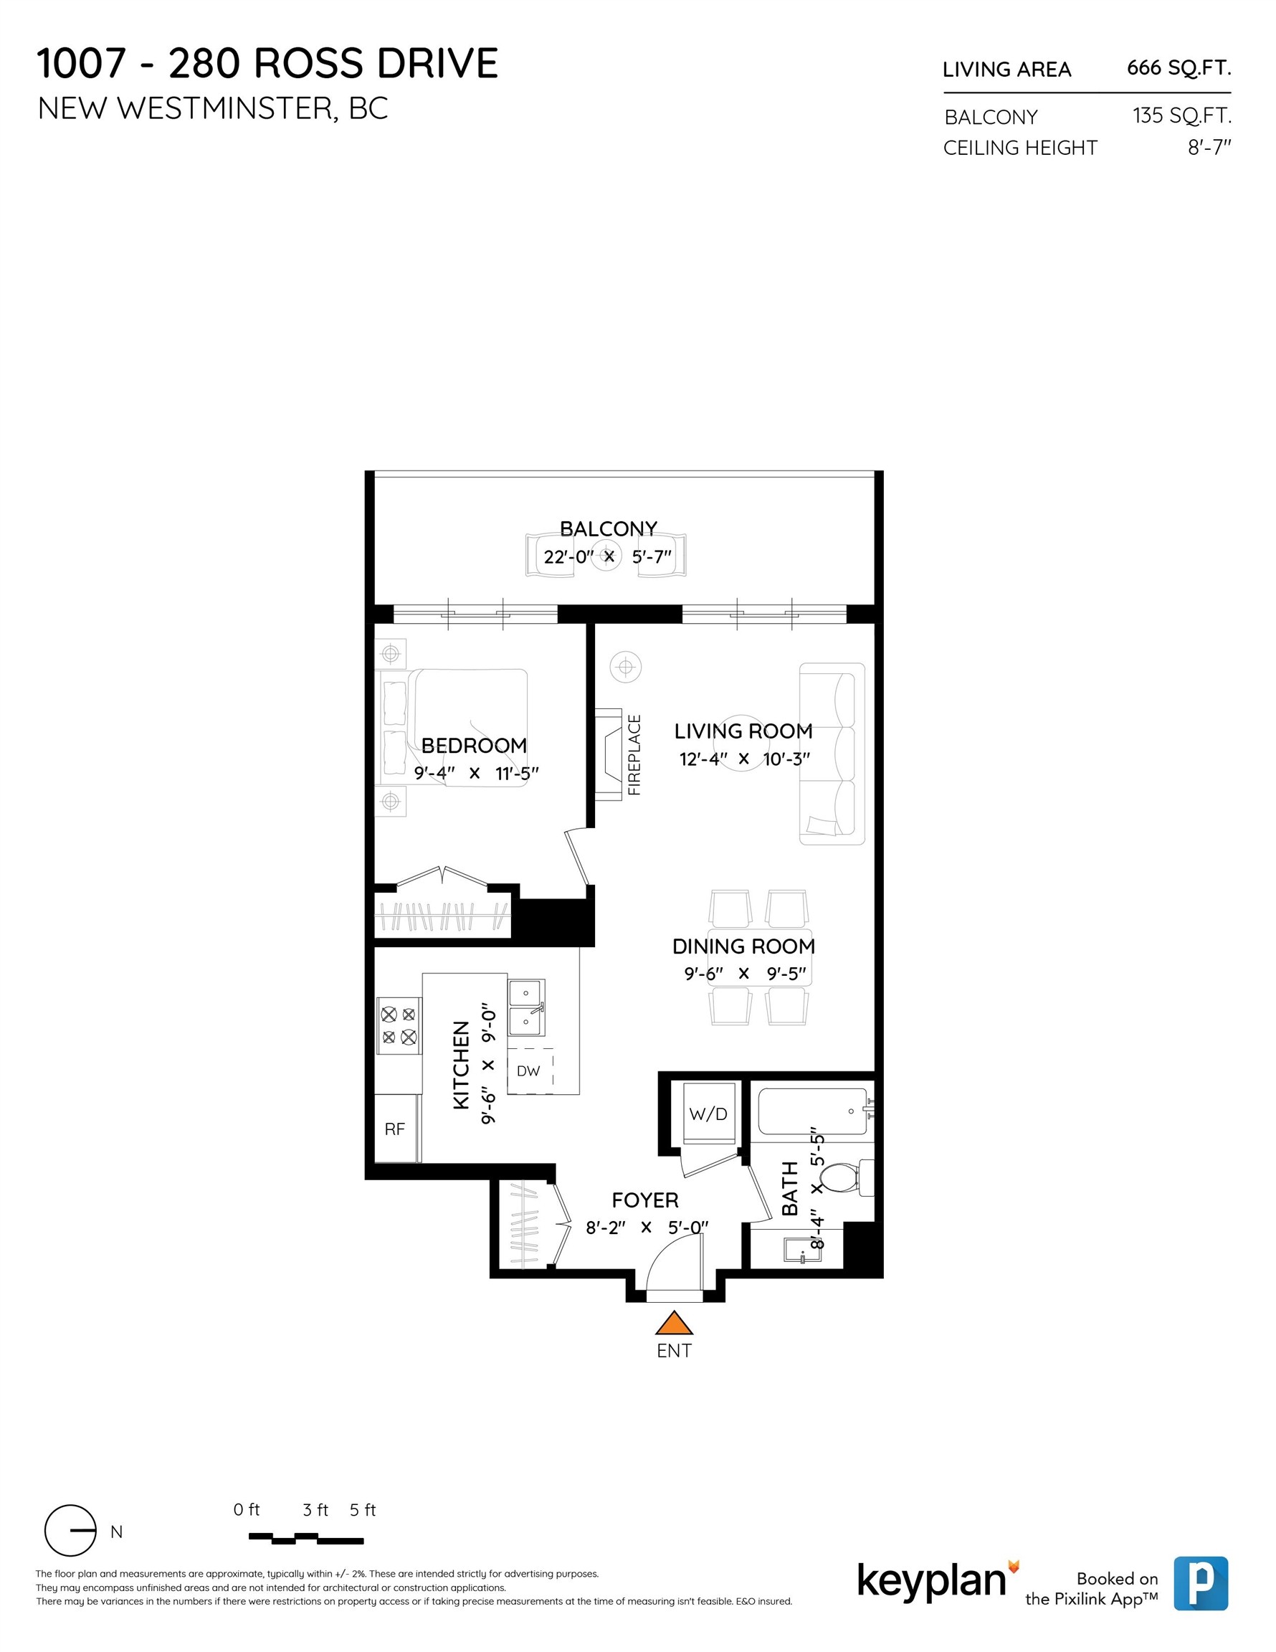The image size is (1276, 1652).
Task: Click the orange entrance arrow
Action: click(673, 1323)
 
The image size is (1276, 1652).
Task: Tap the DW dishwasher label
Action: click(528, 1071)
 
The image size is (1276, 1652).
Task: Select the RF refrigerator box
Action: click(395, 1129)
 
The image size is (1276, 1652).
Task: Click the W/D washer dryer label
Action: click(708, 1114)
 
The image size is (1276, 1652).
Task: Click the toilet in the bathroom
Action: click(842, 1178)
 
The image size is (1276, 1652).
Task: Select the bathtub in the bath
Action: click(812, 1111)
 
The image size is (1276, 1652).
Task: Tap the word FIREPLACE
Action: click(634, 754)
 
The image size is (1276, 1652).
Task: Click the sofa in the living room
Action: click(832, 754)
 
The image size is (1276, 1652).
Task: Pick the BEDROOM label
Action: click(474, 746)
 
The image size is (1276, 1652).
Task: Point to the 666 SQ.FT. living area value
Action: click(1179, 68)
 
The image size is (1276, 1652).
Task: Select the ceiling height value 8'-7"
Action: click(1209, 148)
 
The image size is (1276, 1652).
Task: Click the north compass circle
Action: click(70, 1531)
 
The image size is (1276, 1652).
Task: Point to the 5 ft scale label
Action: click(362, 1510)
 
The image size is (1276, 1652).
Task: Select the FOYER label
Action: click(644, 1200)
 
